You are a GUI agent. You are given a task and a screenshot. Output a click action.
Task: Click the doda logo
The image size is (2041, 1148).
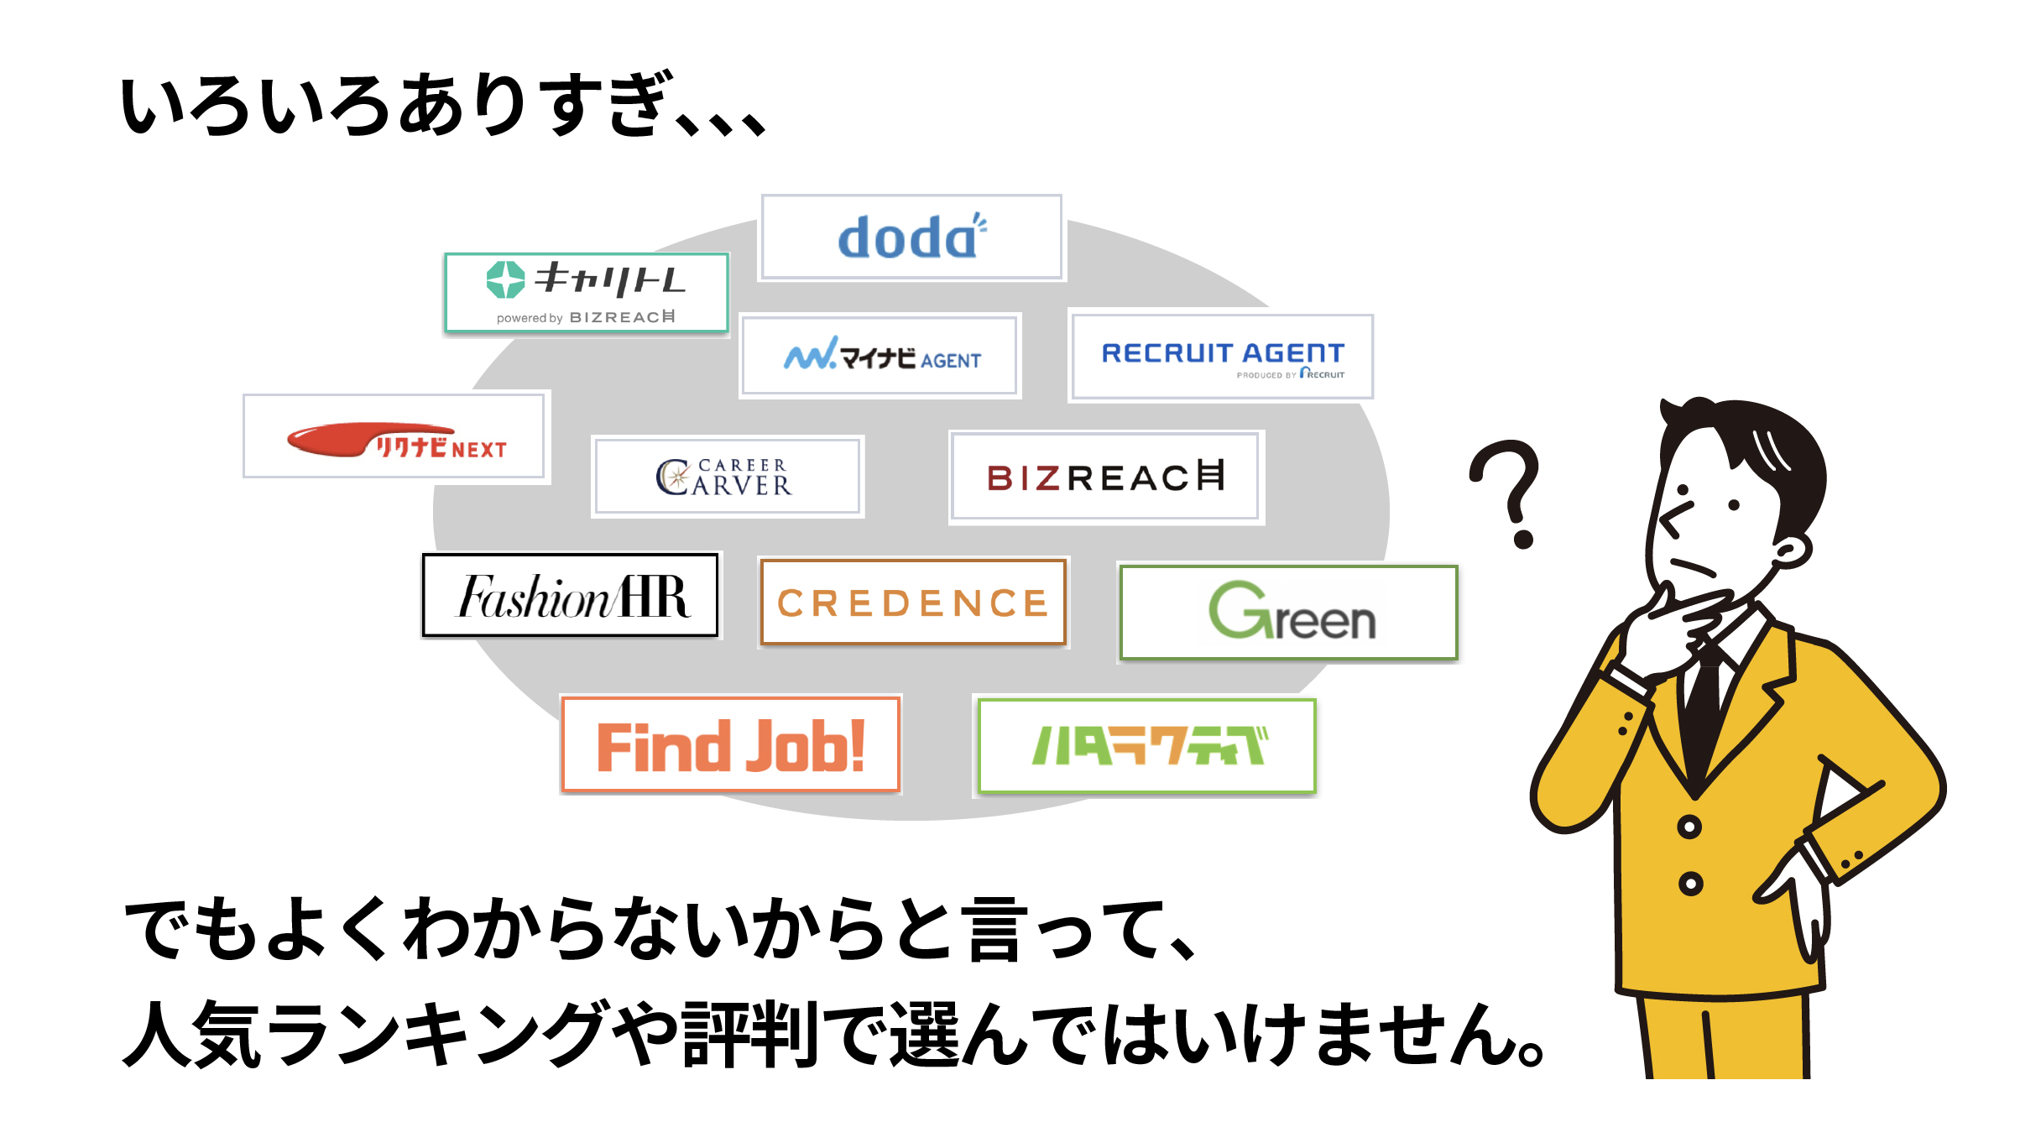click(911, 237)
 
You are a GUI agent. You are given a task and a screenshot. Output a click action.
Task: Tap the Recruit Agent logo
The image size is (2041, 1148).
click(1222, 357)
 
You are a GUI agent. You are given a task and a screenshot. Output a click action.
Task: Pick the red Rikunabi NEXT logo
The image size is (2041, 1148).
click(396, 439)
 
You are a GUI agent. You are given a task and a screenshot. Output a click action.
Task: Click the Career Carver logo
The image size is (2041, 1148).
click(727, 477)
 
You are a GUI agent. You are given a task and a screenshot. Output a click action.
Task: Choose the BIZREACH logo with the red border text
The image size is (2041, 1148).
click(1106, 477)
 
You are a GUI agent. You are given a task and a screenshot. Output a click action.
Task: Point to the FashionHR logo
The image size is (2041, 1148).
click(572, 596)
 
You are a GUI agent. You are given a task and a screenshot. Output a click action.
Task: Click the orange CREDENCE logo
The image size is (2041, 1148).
click(913, 603)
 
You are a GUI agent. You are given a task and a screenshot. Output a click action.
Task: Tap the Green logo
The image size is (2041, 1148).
click(1290, 613)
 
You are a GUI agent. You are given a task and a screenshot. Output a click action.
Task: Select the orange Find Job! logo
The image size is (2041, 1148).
click(731, 745)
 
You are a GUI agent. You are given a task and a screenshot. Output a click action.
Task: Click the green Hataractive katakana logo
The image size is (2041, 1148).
click(1147, 745)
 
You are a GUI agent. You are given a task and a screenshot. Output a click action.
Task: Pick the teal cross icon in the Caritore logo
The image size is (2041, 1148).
click(505, 279)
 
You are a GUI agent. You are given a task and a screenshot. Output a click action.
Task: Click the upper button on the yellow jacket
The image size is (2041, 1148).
click(1689, 827)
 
